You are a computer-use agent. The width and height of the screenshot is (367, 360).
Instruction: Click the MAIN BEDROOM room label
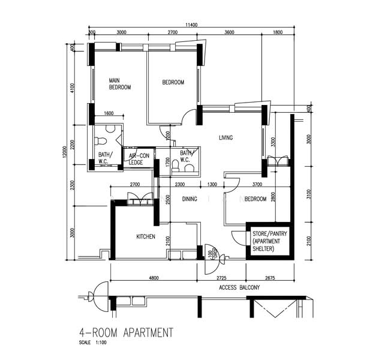(119, 83)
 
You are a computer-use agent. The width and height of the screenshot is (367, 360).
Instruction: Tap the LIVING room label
(225, 138)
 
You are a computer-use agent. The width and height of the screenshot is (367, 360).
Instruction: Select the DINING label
(189, 199)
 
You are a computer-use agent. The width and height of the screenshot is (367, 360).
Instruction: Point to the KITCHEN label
(146, 237)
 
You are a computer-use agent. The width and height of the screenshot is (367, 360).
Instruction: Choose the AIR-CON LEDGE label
(139, 158)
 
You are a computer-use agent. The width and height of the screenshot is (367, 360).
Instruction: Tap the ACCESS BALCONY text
(239, 288)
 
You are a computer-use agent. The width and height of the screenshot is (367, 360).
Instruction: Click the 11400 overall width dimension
(191, 25)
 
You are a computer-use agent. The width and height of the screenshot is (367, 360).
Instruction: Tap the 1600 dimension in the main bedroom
(109, 113)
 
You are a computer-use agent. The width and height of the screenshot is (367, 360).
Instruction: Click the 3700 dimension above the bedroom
(258, 184)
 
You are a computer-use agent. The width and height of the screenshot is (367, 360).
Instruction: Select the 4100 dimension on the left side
(73, 88)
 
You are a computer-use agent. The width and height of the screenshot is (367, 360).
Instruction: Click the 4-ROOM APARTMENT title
(127, 332)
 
